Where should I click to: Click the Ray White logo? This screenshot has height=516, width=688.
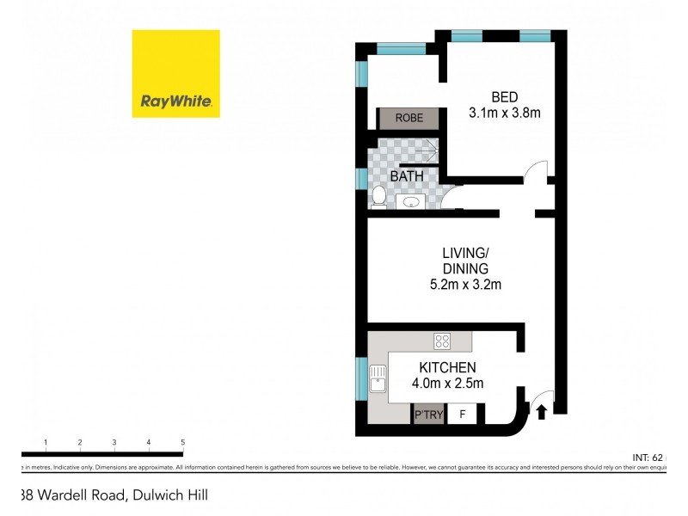click(x=175, y=73)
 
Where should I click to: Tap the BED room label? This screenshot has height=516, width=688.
click(x=505, y=96)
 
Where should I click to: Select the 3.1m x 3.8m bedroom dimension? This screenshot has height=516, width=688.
click(x=505, y=113)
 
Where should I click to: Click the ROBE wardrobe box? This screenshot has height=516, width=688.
click(x=409, y=119)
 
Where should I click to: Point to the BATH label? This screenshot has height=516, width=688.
click(x=408, y=176)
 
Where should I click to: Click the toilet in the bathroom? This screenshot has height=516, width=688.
click(x=378, y=196)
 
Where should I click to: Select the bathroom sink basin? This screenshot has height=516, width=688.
click(x=411, y=202)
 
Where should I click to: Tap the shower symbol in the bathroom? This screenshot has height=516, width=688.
click(x=426, y=152)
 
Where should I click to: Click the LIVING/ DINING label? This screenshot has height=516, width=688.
click(x=465, y=261)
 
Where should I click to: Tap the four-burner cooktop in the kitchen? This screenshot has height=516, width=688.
click(x=442, y=341)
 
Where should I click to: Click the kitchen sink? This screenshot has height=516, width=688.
click(x=377, y=378)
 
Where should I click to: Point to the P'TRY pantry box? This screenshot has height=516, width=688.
click(x=427, y=415)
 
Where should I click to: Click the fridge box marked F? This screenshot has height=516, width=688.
click(x=462, y=415)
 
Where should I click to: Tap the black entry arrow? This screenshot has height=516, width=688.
click(x=541, y=413)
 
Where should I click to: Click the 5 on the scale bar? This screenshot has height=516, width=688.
click(x=183, y=442)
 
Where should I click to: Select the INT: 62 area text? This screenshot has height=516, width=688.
click(x=651, y=456)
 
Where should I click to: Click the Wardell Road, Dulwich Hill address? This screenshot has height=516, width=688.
click(x=112, y=494)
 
